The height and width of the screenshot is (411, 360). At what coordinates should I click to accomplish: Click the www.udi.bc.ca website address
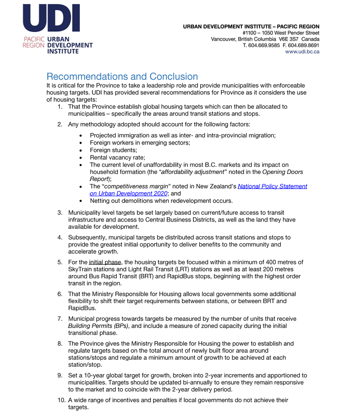[x=302, y=52]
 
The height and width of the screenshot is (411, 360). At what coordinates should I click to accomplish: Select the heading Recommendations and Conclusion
[x=122, y=77]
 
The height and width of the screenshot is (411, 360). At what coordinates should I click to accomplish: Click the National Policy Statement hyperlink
[x=272, y=186]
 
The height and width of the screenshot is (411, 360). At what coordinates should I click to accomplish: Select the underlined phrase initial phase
[x=105, y=262]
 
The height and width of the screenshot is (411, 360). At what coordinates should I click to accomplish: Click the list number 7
[x=60, y=319]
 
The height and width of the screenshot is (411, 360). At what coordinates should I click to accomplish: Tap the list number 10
[x=60, y=400]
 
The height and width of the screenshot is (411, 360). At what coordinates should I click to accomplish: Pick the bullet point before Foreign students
[x=81, y=150]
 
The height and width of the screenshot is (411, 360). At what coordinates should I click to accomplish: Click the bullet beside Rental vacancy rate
[x=81, y=157]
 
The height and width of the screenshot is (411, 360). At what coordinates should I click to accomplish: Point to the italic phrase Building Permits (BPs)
[x=98, y=326]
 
